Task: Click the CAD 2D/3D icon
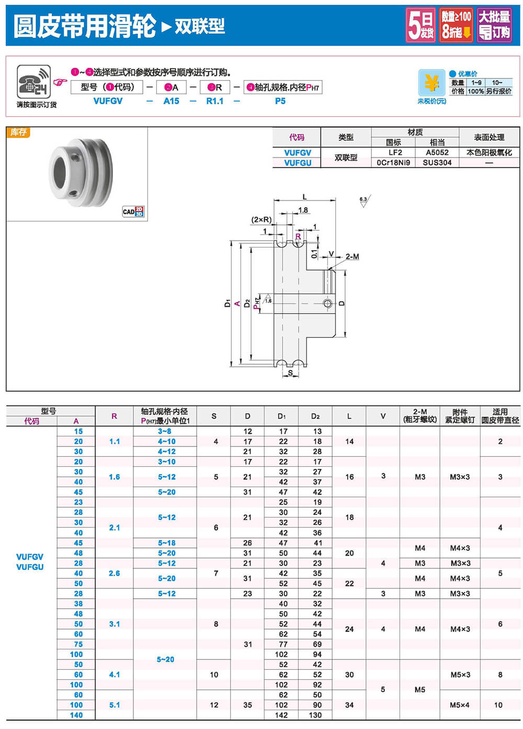coord(133,211)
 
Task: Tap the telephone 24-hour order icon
coord(33,82)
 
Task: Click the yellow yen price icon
coord(431,83)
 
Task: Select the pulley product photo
coord(81,172)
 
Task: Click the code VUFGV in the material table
coord(297,153)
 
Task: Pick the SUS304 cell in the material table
coord(437,163)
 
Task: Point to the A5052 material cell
coord(437,153)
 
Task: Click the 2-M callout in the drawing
coord(352,256)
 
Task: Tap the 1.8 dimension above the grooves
coord(303,210)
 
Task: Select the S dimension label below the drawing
coord(290,373)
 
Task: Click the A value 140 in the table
coord(76,715)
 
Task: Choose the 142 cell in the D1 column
coord(281,715)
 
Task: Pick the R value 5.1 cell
coord(115,705)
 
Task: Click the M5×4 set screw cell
coord(460,705)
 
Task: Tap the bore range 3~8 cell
coord(165,431)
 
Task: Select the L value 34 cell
coord(349,705)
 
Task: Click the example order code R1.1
coord(214,101)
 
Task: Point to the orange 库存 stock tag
coord(18,132)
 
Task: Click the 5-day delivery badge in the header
coord(421,25)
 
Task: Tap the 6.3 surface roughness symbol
coord(363,201)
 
